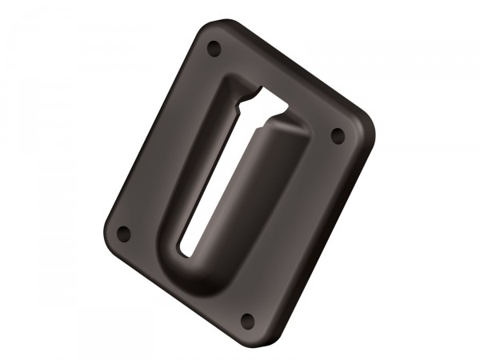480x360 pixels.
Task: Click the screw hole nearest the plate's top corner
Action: pos(213,49)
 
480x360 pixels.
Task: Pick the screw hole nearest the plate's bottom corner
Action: pos(248,320)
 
